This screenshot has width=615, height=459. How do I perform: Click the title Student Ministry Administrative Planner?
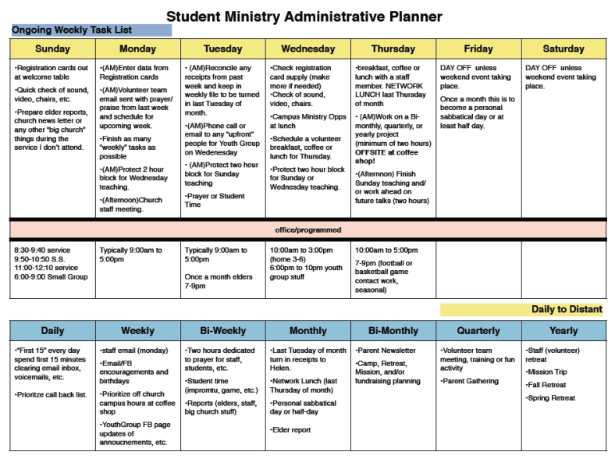tap(304, 16)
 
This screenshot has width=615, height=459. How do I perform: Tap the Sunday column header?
tap(52, 48)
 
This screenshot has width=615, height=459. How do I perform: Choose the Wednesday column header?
tap(308, 48)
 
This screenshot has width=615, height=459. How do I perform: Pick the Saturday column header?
tap(563, 48)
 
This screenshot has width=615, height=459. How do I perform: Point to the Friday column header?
tap(478, 48)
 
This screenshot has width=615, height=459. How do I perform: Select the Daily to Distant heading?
tap(567, 310)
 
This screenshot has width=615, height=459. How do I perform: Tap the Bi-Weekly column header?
tap(223, 331)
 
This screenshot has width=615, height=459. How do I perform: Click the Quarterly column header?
tap(478, 331)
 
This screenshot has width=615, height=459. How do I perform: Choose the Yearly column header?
tap(563, 331)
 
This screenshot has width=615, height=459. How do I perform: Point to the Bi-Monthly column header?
tap(393, 331)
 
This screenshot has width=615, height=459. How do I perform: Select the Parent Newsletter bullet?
tap(386, 350)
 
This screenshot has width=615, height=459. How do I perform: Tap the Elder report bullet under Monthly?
tap(293, 430)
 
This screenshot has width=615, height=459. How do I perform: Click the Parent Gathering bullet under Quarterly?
tap(470, 381)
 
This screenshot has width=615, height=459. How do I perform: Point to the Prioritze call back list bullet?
tap(50, 395)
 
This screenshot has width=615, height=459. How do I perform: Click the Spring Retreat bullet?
tap(553, 397)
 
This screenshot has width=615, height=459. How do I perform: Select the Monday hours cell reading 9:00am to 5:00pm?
tap(130, 255)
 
